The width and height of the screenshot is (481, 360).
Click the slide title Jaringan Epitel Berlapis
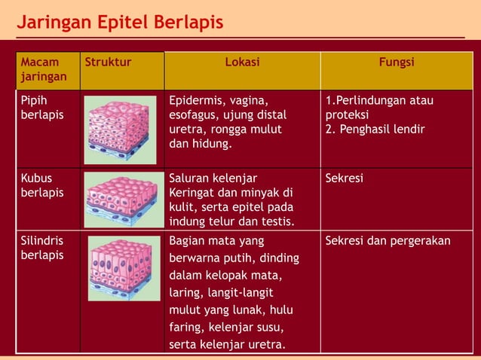[121, 23]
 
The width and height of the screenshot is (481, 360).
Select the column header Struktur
[108, 63]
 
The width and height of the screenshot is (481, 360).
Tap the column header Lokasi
[242, 63]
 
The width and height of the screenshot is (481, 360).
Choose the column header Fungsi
[397, 63]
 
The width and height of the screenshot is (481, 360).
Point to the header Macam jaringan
[44, 69]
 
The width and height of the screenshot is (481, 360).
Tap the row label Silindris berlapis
[42, 248]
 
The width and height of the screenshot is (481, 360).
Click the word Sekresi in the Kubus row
[345, 178]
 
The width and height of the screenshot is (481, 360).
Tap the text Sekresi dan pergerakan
[388, 241]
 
